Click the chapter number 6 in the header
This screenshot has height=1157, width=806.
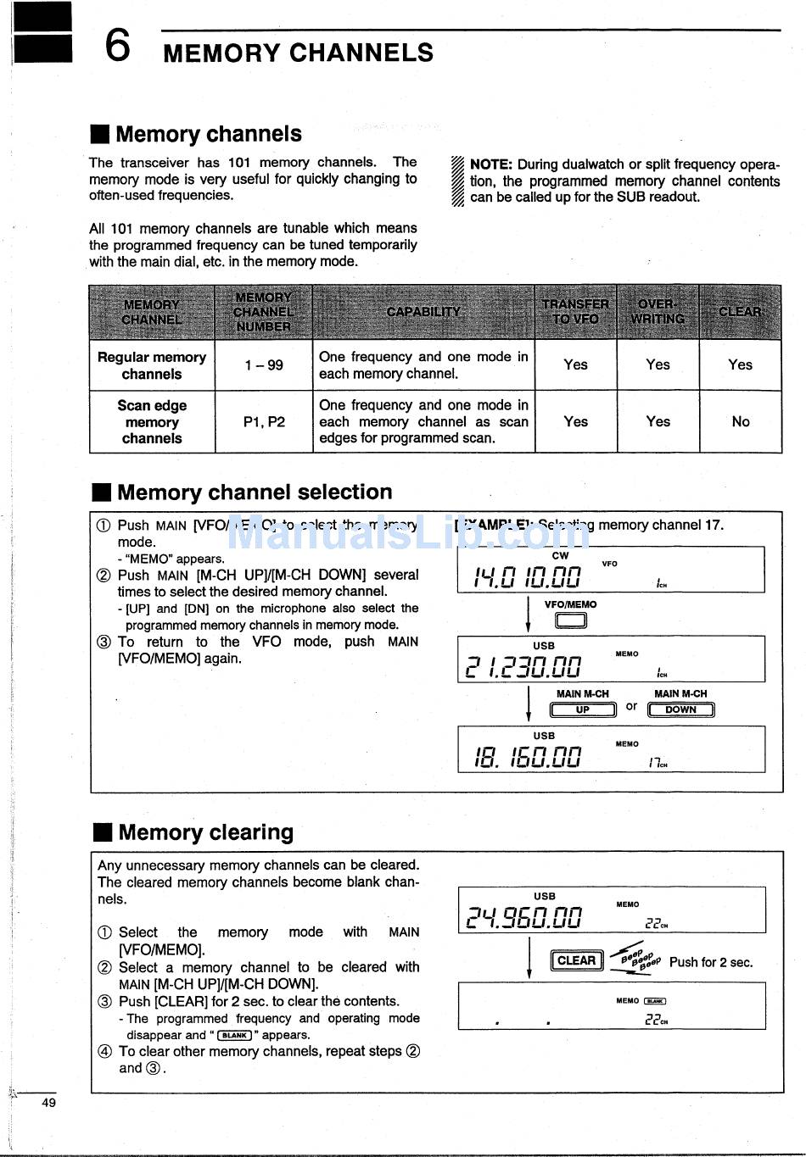(118, 46)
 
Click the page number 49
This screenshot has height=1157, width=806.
(49, 1103)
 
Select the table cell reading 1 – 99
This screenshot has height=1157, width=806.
(264, 365)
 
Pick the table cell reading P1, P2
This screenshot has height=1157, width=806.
(264, 421)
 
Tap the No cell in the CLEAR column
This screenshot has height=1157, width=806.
(741, 421)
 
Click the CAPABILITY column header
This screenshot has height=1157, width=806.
(423, 312)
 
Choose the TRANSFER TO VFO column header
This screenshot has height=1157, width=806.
(575, 312)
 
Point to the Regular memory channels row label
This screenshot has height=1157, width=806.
(152, 365)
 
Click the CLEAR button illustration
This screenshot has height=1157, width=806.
(577, 960)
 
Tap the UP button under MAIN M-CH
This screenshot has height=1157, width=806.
(583, 710)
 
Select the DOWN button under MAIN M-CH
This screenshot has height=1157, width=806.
(680, 710)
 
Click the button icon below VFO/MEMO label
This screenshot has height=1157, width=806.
(571, 621)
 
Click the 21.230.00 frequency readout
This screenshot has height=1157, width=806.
(523, 667)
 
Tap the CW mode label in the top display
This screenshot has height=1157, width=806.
(560, 556)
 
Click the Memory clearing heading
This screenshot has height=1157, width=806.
(205, 832)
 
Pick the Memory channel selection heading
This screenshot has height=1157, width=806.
(255, 492)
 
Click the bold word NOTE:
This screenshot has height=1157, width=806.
(490, 164)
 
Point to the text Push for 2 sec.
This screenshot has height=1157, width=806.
(711, 962)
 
